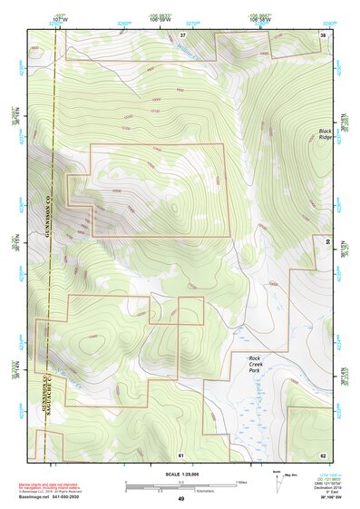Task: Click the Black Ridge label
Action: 326,135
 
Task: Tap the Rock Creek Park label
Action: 260,364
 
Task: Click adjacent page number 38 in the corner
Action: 323,34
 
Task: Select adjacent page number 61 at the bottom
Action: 180,454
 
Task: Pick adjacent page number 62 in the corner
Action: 323,454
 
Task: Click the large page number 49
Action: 180,499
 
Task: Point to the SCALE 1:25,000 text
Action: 180,474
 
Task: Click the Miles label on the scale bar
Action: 241,482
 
